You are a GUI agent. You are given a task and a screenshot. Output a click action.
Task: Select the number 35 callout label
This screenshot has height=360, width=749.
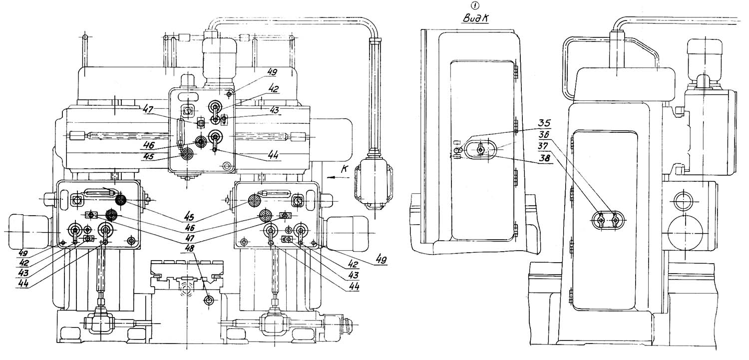[x=544, y=123]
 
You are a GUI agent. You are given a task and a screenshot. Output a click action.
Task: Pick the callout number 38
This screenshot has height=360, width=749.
[x=544, y=158]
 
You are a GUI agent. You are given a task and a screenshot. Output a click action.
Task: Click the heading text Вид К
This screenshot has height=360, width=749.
[x=475, y=18]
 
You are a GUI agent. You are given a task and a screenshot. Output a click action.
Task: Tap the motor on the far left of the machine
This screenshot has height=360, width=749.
[x=28, y=232]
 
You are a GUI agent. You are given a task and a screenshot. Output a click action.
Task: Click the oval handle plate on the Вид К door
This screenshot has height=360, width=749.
[x=480, y=150]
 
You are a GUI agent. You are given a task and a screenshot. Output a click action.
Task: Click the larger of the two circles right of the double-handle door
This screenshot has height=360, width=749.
[x=685, y=232]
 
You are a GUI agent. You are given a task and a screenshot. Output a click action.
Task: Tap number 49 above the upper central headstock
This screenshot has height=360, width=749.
[x=273, y=72]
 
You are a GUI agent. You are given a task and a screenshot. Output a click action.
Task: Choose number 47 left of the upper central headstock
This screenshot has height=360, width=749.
[x=148, y=108]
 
